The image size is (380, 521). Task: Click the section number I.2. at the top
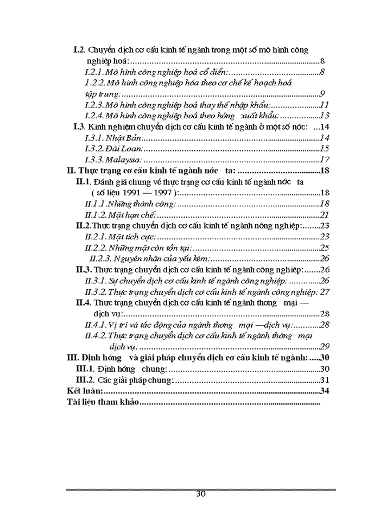[x=80, y=50]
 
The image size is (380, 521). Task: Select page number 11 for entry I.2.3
[x=325, y=105]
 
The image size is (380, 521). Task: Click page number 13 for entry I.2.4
[x=325, y=116]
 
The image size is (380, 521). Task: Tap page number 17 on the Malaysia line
[x=325, y=160]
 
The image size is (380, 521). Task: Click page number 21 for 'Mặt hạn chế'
[x=325, y=215]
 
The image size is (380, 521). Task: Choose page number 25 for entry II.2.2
[x=325, y=247]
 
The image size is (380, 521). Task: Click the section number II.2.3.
[x=100, y=258]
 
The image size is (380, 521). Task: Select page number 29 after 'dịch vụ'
[x=325, y=346]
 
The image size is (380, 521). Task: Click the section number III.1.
[x=84, y=368]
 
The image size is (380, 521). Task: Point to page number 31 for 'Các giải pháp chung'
[x=325, y=379]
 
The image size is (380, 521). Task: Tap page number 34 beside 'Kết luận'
[x=325, y=391]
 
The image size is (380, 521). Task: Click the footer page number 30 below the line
[x=200, y=494]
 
